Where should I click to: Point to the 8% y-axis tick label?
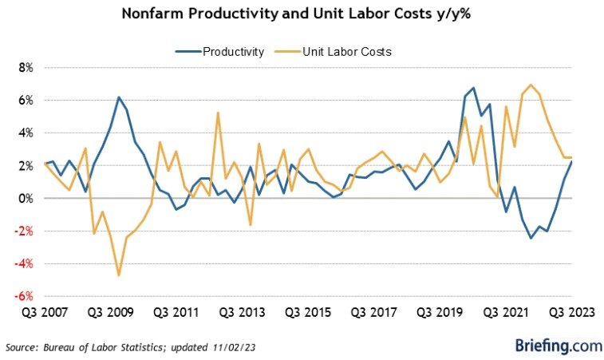click(25, 68)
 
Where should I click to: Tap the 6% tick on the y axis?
click(25, 101)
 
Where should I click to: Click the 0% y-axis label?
click(25, 198)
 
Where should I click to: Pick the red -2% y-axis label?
click(23, 231)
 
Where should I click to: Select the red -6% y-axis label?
click(23, 295)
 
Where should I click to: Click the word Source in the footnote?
click(22, 347)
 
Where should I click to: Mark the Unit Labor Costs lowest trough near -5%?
click(119, 275)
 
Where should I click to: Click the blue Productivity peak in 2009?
click(119, 97)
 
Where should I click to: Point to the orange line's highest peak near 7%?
click(531, 85)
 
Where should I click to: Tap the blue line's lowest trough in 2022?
click(531, 238)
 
